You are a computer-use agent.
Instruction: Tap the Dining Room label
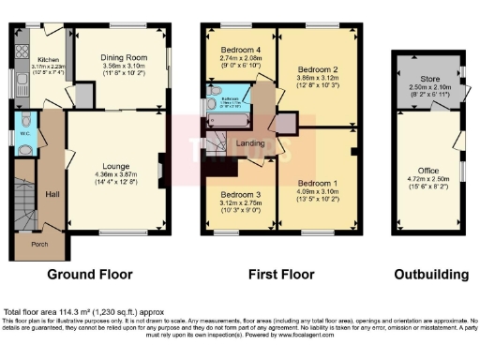pos(123,56)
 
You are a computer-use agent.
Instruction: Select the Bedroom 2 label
pos(317,68)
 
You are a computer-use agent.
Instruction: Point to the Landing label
pos(250,142)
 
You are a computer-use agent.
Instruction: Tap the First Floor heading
pos(282,275)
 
